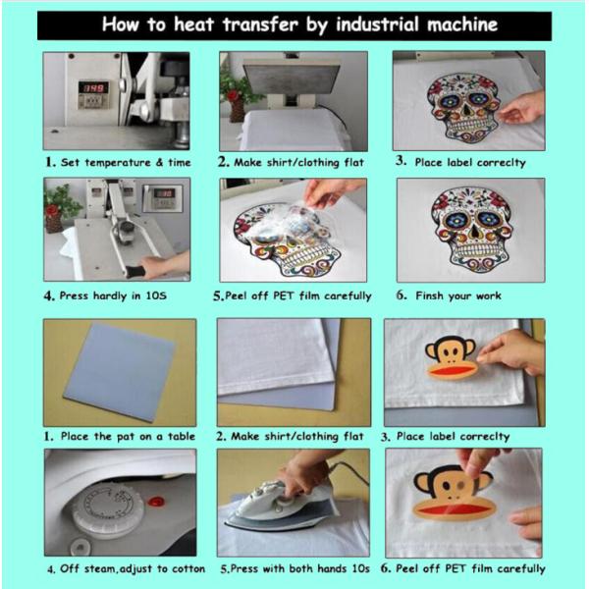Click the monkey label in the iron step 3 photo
pos(452,358)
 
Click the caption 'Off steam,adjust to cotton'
pos(127,568)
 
